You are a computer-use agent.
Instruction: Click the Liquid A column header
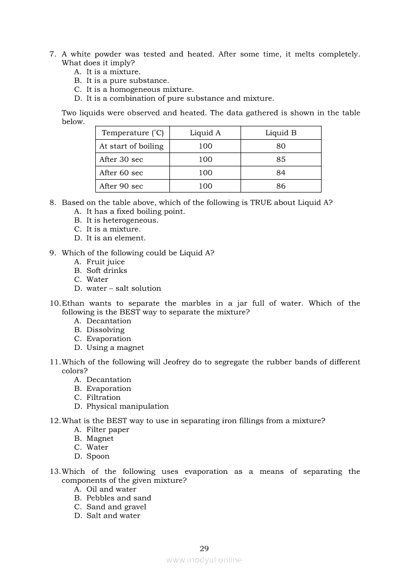[x=205, y=133]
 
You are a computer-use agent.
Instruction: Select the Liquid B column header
[x=281, y=133]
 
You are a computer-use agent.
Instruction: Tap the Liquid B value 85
[x=281, y=159]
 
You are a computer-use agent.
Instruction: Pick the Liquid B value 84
[x=281, y=173]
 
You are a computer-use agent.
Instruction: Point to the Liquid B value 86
[x=281, y=186]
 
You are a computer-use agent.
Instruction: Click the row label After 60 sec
[x=121, y=173]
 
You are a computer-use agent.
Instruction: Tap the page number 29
[x=204, y=548]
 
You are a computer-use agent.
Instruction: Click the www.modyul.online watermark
[x=204, y=560]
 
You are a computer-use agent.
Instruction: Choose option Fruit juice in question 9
[x=105, y=262]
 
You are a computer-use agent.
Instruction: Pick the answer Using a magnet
[x=115, y=347]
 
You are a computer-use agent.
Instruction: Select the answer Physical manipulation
[x=127, y=406]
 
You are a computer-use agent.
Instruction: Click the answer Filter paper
[x=108, y=429]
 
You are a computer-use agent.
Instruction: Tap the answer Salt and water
[x=113, y=516]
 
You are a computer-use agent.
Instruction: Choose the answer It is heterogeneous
[x=122, y=220]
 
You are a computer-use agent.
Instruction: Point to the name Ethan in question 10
[x=73, y=303]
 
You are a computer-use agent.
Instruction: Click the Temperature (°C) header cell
[x=132, y=133]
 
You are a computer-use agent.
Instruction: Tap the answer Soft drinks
[x=107, y=270]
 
